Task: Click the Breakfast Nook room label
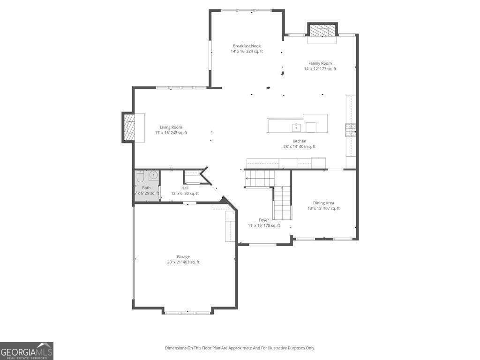[247, 46]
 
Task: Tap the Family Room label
[320, 63]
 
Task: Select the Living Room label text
[171, 127]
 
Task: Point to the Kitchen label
[300, 141]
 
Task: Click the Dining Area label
[323, 203]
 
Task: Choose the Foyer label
[264, 220]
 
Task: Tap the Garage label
[183, 256]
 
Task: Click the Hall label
[185, 188]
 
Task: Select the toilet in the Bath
[140, 177]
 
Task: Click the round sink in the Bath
[153, 176]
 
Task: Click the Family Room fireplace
[322, 30]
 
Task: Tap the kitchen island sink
[296, 127]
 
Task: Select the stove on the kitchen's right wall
[351, 130]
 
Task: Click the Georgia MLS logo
[27, 351]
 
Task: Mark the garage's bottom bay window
[188, 312]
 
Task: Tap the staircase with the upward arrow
[282, 202]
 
